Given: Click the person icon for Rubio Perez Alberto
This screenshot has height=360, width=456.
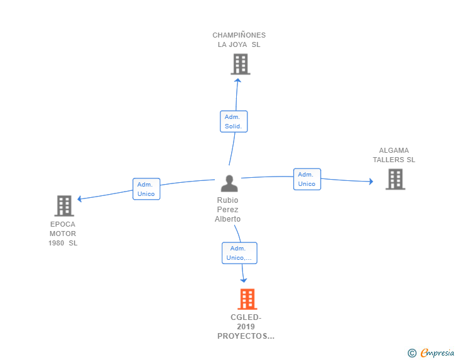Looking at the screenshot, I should coord(229,183).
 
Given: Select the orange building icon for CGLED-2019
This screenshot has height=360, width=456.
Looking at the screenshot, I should coord(247,299).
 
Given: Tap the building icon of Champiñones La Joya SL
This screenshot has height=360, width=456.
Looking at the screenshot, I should coord(240,64).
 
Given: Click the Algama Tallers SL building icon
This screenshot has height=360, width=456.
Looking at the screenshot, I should coord(395,179).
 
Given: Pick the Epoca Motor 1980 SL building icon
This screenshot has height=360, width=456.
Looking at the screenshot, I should coord(64,205).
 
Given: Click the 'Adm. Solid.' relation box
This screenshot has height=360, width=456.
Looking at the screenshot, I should coord(234,121).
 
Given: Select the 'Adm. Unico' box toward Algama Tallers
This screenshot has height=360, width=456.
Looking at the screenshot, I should coord(307,179).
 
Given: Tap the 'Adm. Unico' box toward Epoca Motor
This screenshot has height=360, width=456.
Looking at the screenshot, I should coord(146,189).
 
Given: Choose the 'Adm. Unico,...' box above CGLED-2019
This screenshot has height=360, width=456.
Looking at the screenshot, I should coord(239,253).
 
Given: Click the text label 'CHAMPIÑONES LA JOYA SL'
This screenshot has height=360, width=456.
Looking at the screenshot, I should coord(239,40).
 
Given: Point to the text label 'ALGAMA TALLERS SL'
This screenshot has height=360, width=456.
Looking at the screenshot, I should coord(394,155).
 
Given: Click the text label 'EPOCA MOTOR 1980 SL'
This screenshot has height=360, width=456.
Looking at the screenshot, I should coord(63,234).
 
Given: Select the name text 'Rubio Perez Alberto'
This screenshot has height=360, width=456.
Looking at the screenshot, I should coord(227,210).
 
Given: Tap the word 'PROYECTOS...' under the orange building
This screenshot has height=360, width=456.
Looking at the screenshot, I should coord(246,336).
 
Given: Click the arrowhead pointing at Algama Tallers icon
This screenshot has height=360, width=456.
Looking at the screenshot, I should coord(370,182).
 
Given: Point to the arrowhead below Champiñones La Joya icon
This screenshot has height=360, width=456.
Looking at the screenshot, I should coord(237,79).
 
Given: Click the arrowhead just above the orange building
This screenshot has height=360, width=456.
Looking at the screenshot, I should coord(244,280).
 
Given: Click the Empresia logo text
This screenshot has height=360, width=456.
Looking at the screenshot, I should coord(437,353).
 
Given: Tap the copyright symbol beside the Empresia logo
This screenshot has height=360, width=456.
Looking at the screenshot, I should coord(412,353).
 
